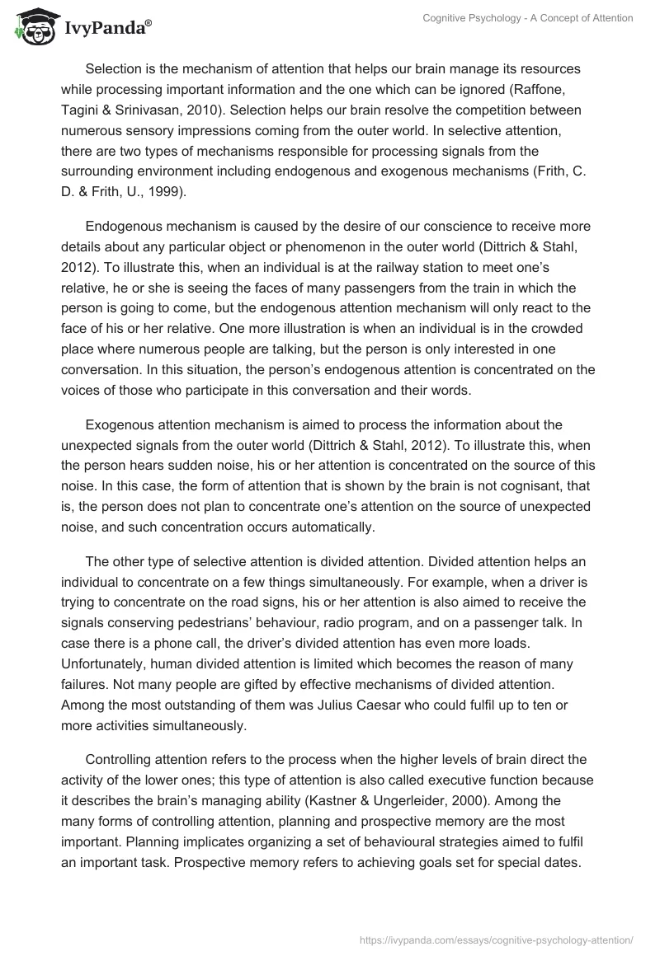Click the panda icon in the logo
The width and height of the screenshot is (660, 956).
(31, 27)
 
